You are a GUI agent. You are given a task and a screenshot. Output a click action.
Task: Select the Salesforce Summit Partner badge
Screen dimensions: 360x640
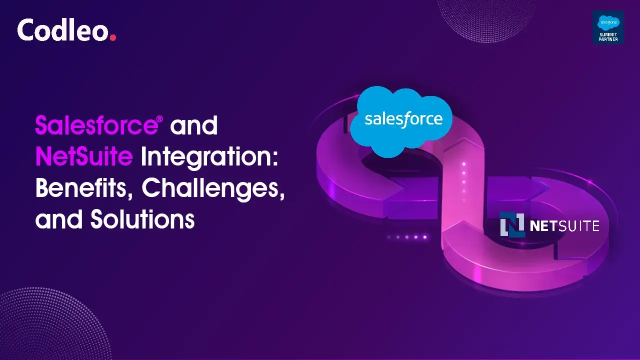pyautogui.click(x=608, y=27)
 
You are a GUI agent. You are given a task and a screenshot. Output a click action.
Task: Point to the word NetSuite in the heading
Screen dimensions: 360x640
pyautogui.click(x=83, y=156)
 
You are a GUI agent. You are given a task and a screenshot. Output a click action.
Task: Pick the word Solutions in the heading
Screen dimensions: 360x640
pyautogui.click(x=142, y=219)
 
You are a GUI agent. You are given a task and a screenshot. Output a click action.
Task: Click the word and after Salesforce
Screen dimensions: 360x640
pyautogui.click(x=194, y=125)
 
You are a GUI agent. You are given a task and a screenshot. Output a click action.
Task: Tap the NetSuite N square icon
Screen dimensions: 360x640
pyautogui.click(x=512, y=225)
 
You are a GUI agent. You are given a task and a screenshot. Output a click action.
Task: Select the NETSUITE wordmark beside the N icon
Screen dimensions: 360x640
pyautogui.click(x=564, y=226)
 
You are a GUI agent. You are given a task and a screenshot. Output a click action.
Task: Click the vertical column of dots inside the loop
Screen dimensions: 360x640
pyautogui.click(x=464, y=177)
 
